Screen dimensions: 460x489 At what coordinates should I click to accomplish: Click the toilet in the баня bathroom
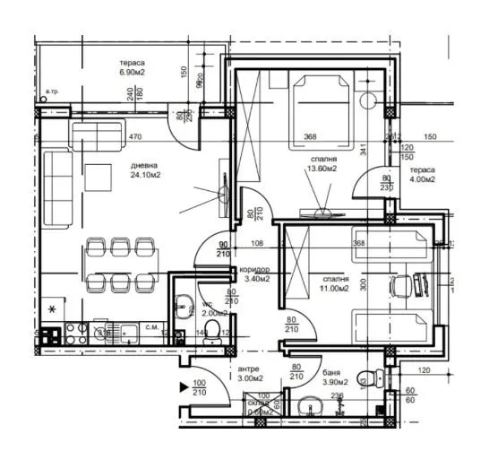tap(365, 378)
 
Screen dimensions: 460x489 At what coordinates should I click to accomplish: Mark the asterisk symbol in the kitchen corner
tap(52, 309)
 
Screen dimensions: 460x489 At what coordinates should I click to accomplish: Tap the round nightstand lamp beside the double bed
tap(368, 100)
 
